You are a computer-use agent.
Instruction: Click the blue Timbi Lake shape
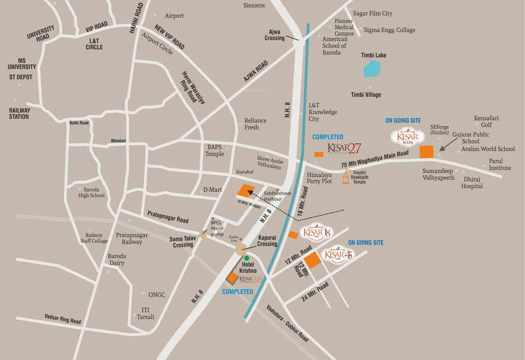(x=372, y=69)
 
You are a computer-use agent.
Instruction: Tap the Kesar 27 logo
(x=344, y=149)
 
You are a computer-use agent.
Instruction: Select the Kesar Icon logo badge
(x=407, y=137)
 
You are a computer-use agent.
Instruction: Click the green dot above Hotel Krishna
(x=247, y=258)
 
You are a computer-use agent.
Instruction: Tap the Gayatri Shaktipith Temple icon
(x=346, y=177)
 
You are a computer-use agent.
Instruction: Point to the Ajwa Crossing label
(x=274, y=35)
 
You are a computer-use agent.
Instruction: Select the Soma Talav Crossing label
(x=183, y=242)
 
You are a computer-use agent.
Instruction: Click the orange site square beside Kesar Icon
(x=426, y=152)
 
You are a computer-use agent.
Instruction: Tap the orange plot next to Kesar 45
(x=312, y=260)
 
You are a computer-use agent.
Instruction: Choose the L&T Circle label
(x=94, y=44)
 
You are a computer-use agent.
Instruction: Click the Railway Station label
(x=19, y=113)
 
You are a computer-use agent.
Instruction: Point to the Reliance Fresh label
(x=255, y=124)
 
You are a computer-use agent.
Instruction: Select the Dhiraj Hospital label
(x=472, y=182)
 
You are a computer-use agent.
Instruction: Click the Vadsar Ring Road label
(x=63, y=319)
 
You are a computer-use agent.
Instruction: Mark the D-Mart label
(x=212, y=190)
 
